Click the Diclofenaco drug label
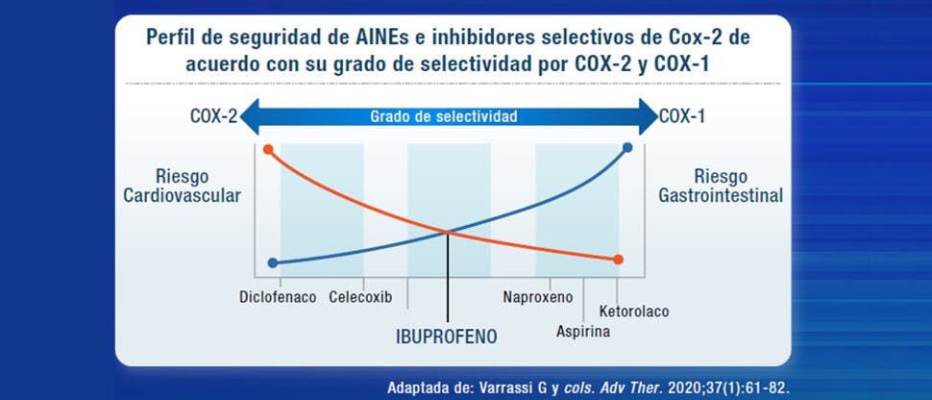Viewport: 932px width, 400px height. pos(278,296)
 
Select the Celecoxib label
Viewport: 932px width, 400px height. pos(360,296)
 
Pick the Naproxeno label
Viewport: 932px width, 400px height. pos(538,296)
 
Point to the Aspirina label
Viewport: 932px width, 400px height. pos(583,332)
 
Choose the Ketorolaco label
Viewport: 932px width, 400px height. pos(633,312)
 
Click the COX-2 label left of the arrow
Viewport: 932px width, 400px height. pos(213,117)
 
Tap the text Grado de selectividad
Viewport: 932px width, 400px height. pos(444,117)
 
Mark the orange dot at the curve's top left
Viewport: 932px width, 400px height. pos(268,149)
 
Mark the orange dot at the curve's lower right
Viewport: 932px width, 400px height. pos(618,259)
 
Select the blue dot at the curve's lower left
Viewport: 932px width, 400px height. pos(273,262)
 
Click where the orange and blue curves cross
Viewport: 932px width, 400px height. pos(447,231)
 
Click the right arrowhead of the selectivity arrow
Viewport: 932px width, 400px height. pos(648,117)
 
